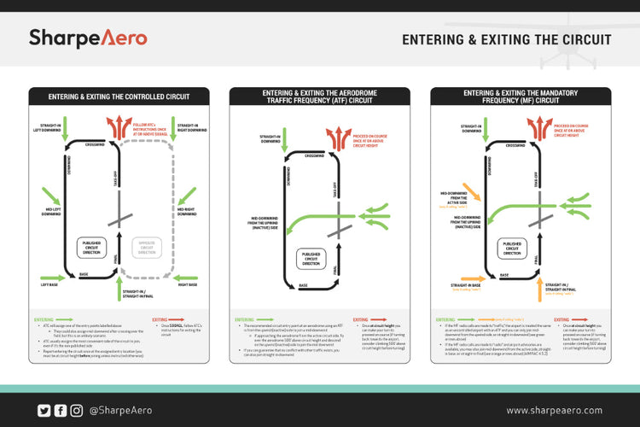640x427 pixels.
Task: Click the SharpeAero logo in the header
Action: pyautogui.click(x=88, y=38)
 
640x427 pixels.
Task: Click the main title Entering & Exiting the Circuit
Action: pyautogui.click(x=506, y=39)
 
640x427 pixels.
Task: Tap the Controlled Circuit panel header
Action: pyautogui.click(x=119, y=96)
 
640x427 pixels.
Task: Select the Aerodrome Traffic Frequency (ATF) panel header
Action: pyautogui.click(x=320, y=96)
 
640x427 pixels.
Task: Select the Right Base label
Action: pyautogui.click(x=188, y=284)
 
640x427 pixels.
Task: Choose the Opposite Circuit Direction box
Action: pyautogui.click(x=147, y=248)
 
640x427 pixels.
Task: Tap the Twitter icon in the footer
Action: pyautogui.click(x=44, y=411)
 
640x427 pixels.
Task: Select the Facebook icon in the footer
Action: pyautogui.click(x=61, y=411)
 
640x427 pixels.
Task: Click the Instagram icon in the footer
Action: pyautogui.click(x=77, y=411)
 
